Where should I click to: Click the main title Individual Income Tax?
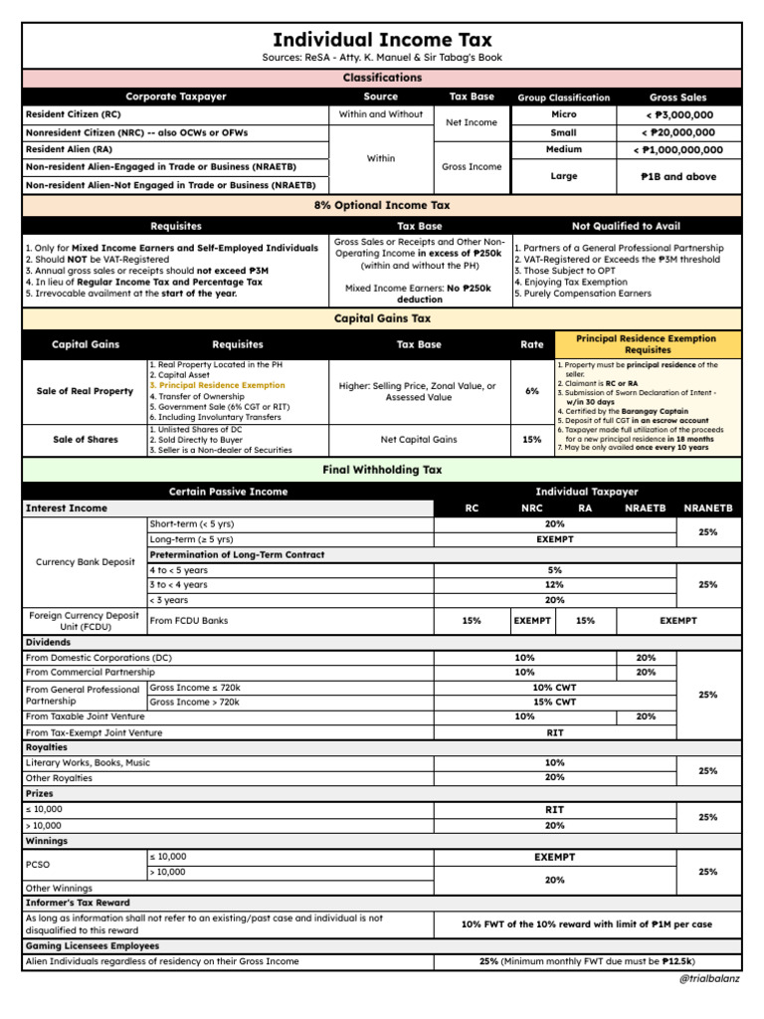pos(382,39)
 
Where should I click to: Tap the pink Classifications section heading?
pos(382,78)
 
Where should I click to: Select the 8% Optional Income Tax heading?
pos(382,205)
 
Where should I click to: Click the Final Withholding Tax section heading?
pos(382,470)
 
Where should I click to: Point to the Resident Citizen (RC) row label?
pos(68,114)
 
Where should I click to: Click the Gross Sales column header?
pos(677,98)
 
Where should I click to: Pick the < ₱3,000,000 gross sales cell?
pos(677,114)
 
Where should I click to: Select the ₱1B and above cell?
pos(677,176)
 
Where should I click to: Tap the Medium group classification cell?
pos(563,149)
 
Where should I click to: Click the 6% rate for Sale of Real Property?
pos(532,391)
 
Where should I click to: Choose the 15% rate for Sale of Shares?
pos(532,439)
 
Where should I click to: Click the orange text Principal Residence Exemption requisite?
pos(217,385)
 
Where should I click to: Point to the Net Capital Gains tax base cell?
pos(419,439)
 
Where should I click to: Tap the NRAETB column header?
pos(645,508)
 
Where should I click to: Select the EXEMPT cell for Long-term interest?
pos(554,539)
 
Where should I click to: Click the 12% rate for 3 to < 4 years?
pos(554,585)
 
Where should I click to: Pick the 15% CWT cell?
pos(554,702)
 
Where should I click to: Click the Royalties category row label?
pos(47,746)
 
